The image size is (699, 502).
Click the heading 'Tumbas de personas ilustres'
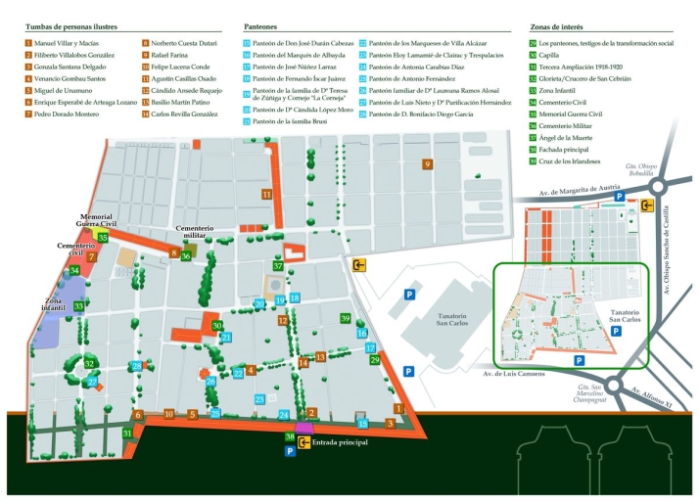tap(79, 28)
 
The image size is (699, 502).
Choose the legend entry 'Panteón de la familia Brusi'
tap(292, 121)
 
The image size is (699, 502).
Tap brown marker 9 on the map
tap(427, 163)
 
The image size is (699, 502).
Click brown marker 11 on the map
tap(266, 195)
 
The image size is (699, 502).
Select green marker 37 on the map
tap(278, 266)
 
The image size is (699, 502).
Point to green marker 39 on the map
tap(345, 318)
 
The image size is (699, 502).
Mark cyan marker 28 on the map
tap(136, 367)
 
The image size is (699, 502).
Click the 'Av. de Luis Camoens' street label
tap(512, 374)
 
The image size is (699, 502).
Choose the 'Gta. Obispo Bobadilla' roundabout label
tap(642, 168)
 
